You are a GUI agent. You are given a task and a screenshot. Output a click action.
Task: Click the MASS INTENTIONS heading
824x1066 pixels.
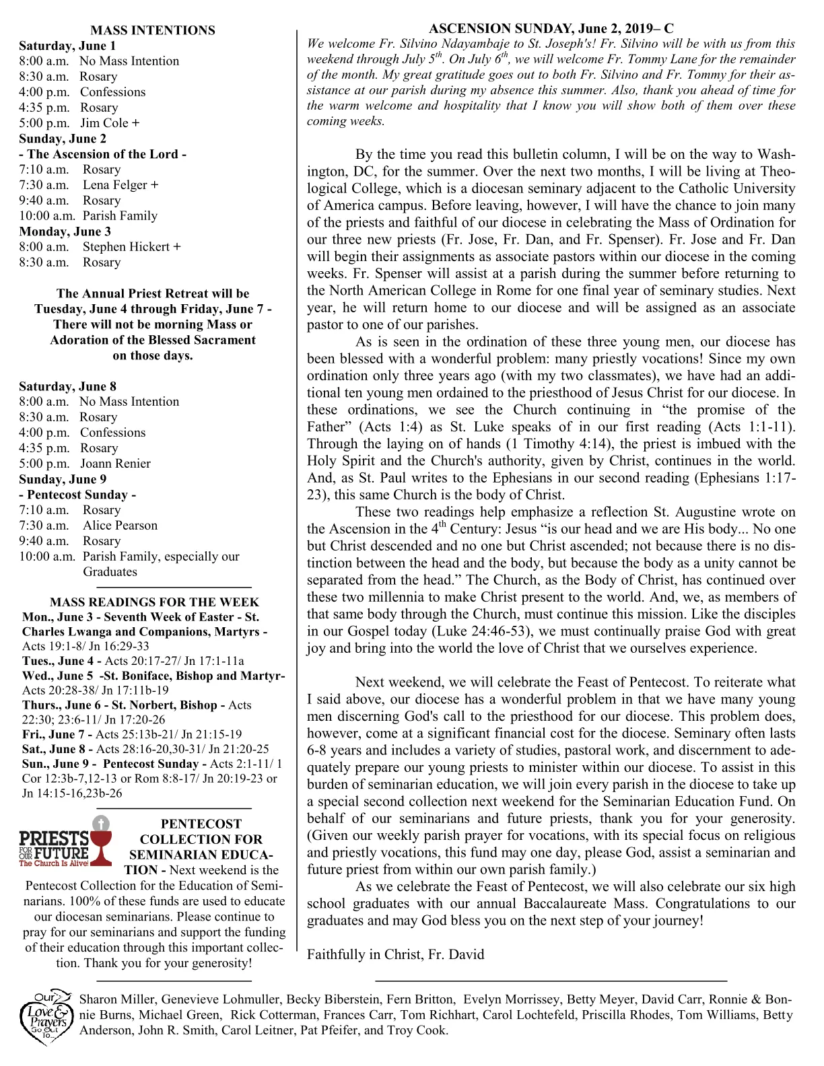(x=153, y=30)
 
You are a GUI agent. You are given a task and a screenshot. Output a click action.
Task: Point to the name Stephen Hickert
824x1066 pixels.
(x=126, y=247)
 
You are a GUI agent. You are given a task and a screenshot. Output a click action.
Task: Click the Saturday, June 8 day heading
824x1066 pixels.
(x=67, y=386)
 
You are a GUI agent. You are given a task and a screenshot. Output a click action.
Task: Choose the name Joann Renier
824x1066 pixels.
(x=115, y=464)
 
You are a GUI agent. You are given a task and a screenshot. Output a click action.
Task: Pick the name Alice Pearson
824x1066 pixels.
(x=120, y=526)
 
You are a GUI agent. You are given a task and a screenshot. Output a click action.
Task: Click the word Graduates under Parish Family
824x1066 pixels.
(x=110, y=572)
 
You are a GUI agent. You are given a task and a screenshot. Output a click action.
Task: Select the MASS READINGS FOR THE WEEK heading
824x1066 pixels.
(x=154, y=602)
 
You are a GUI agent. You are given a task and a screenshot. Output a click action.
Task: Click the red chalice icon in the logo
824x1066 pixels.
(x=100, y=839)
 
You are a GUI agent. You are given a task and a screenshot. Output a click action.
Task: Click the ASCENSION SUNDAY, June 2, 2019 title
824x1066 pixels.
(x=551, y=28)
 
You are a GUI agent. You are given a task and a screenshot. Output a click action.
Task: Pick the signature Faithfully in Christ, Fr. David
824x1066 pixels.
(x=395, y=954)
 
